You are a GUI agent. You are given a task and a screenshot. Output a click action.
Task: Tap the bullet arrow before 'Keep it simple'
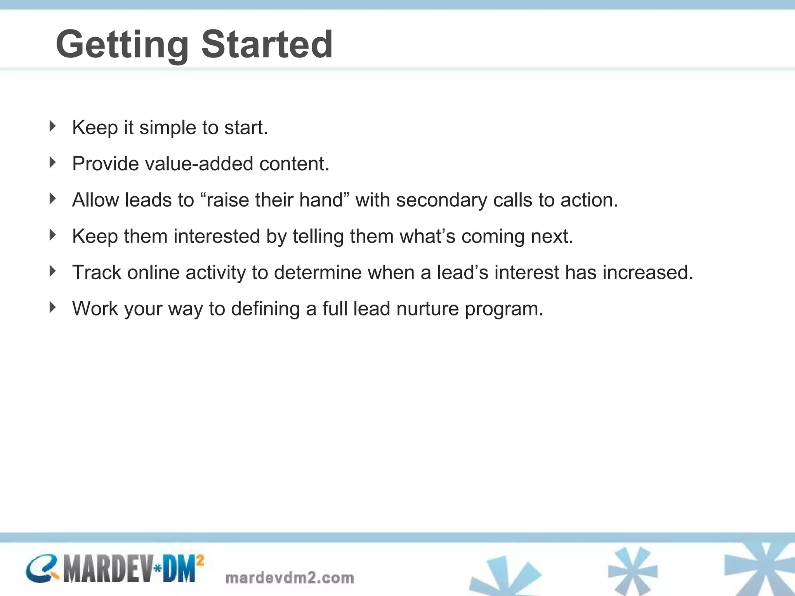click(53, 126)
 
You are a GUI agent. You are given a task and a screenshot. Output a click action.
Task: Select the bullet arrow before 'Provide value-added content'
click(53, 162)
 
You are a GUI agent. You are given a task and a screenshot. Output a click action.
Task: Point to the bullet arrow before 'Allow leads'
click(53, 199)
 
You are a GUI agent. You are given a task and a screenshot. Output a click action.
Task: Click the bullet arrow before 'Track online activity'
click(53, 271)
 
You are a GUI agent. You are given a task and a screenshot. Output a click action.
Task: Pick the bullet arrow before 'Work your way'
click(53, 307)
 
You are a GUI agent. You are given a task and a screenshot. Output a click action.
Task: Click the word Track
click(97, 272)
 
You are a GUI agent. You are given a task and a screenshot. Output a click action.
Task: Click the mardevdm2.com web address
click(290, 578)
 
